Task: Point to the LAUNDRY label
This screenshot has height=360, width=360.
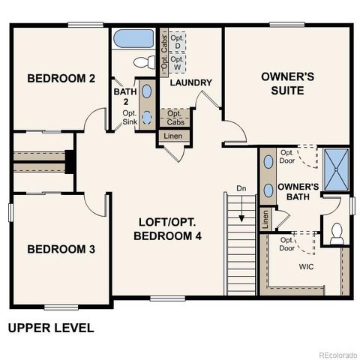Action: (190, 82)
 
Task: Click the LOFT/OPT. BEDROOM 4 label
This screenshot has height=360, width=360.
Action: (169, 229)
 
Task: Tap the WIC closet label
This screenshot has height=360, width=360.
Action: (307, 266)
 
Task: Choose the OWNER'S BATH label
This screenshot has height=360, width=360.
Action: (298, 191)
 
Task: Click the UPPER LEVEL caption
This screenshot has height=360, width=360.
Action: (51, 328)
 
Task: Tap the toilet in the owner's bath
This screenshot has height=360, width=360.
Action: (337, 233)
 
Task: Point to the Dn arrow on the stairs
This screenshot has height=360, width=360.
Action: (241, 214)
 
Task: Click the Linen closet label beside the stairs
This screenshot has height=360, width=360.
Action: (265, 219)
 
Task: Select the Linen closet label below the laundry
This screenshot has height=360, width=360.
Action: (173, 136)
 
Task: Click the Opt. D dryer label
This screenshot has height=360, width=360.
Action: (177, 42)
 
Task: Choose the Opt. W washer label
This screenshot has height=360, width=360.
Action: (177, 63)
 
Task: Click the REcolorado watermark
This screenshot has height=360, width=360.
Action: (337, 355)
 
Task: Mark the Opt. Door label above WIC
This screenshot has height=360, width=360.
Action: (287, 244)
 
